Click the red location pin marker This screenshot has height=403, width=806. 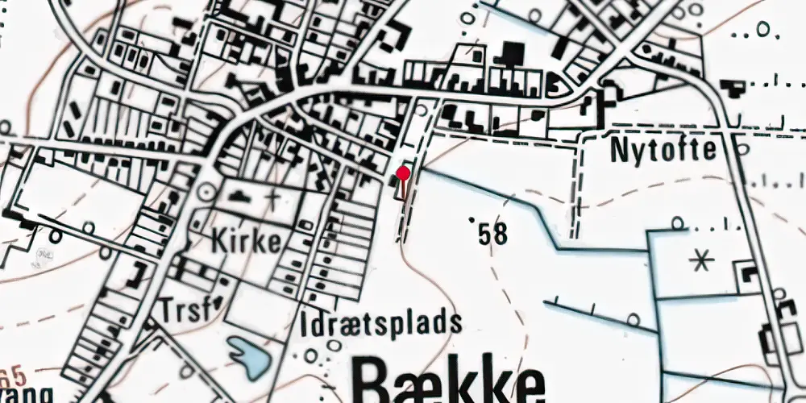(x=404, y=172)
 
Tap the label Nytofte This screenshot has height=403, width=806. (x=663, y=149)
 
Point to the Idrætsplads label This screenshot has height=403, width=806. (x=381, y=325)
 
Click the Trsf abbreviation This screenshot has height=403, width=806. (x=178, y=310)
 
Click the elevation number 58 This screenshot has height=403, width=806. (x=492, y=235)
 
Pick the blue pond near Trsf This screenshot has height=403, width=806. (x=249, y=356)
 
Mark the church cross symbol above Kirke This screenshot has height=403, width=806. (x=274, y=197)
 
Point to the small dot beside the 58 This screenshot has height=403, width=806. (x=471, y=218)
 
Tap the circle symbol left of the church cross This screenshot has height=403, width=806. (x=206, y=191)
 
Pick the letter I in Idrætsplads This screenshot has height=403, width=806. (x=305, y=325)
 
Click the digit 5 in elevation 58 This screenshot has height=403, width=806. (x=484, y=235)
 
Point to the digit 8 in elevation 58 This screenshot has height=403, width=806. (x=501, y=235)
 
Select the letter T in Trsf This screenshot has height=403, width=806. (x=165, y=310)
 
